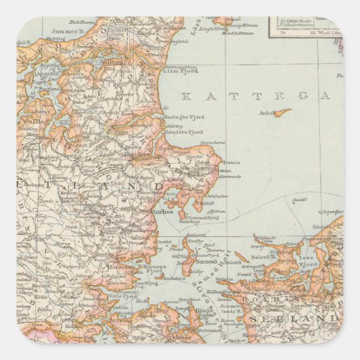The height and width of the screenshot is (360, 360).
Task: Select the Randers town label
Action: [x=138, y=154]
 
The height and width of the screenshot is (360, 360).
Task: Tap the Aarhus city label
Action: [x=162, y=212]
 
